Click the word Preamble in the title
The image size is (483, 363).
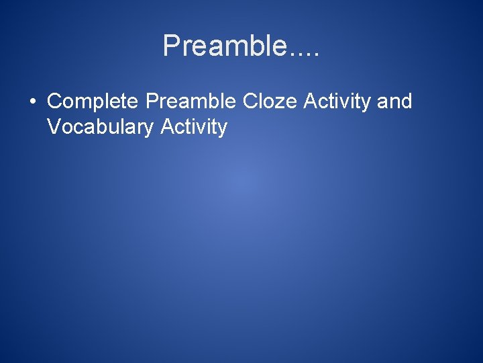click(224, 46)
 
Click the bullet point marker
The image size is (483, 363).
click(32, 102)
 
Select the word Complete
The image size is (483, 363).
click(93, 102)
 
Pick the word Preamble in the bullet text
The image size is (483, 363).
click(191, 102)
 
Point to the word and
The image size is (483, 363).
click(394, 102)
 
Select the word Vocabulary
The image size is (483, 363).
click(101, 126)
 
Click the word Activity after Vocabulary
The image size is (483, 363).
click(194, 126)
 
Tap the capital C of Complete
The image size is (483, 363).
click(54, 102)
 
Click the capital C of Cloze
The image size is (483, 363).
click(250, 102)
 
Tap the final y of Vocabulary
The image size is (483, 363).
click(150, 129)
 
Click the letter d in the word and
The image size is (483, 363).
click(406, 102)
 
